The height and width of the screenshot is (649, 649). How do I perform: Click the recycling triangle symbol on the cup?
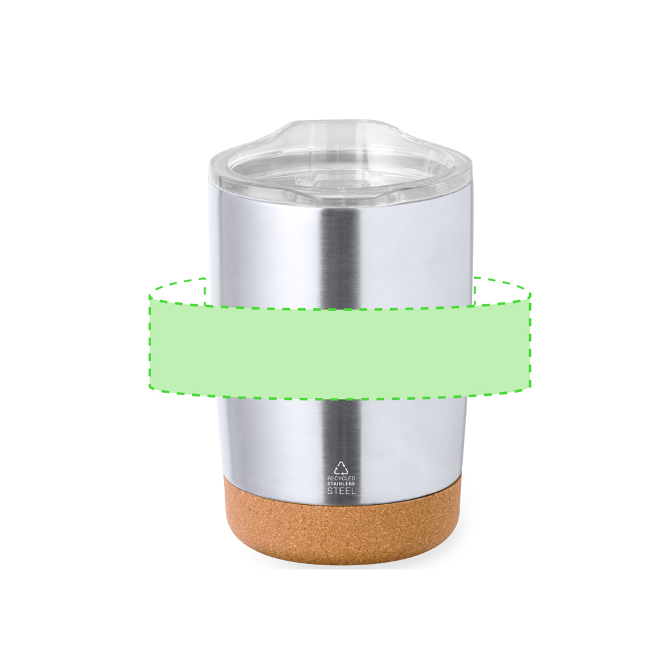[341, 468]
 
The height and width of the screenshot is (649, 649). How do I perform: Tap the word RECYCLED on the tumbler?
[341, 478]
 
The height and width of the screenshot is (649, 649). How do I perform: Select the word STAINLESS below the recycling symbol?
[341, 484]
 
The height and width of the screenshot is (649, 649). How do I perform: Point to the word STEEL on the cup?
[341, 491]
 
